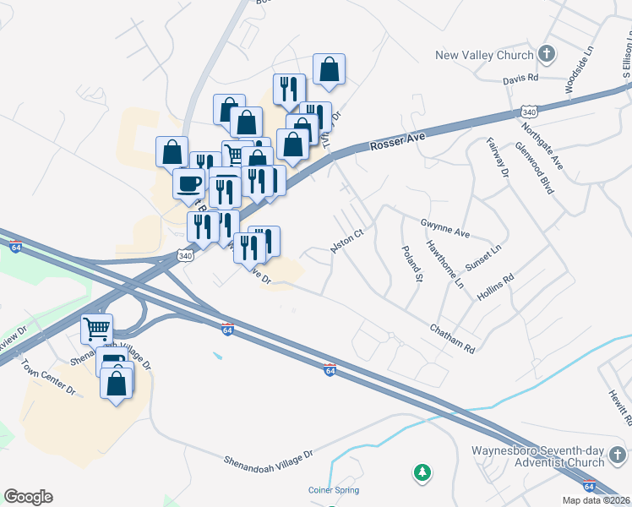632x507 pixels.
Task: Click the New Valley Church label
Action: pos(484,56)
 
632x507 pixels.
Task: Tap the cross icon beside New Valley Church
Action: pos(547,55)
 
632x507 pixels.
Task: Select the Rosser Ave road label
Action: pos(395,143)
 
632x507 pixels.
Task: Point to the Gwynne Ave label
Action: pos(444,227)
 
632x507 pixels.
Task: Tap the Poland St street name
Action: pos(412,264)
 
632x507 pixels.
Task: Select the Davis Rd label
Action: pos(520,78)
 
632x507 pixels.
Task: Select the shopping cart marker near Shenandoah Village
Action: pos(96,328)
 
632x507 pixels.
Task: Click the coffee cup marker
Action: pos(188,183)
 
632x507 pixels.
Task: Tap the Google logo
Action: pos(28,497)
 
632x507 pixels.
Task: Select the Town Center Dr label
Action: pos(49,378)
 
